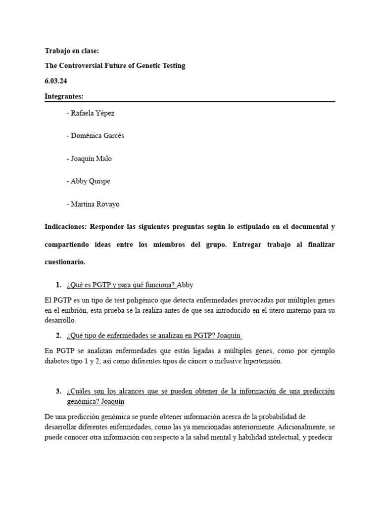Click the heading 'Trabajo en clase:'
point(72,51)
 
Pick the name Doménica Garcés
point(97,136)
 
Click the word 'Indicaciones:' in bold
point(65,227)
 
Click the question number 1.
point(58,285)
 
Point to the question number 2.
point(58,336)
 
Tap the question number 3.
point(58,391)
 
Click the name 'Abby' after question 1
point(185,285)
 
